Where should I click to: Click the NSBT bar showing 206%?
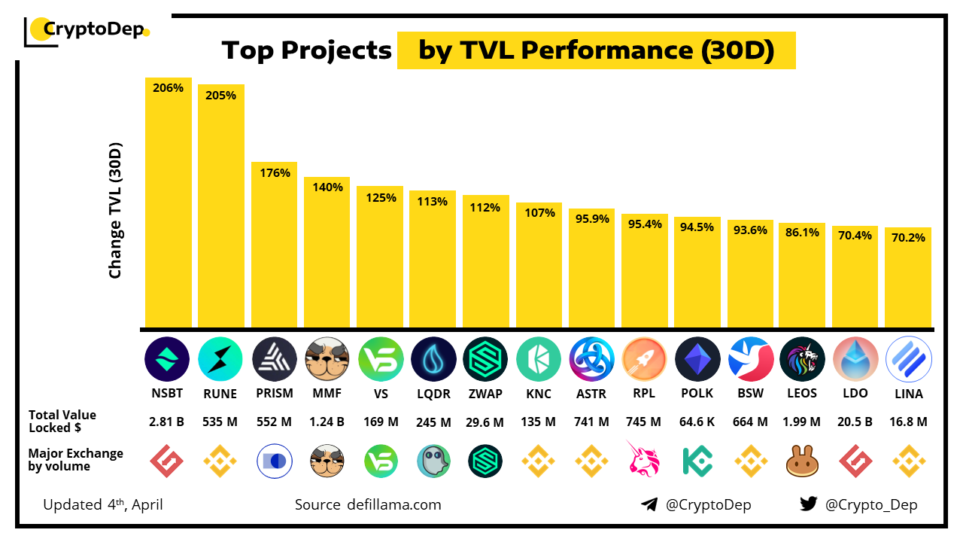pyautogui.click(x=168, y=203)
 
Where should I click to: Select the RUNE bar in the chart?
pyautogui.click(x=221, y=207)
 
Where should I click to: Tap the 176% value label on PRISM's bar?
pyautogui.click(x=275, y=173)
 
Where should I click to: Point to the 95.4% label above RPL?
pyautogui.click(x=645, y=224)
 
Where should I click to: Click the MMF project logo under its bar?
pyautogui.click(x=327, y=359)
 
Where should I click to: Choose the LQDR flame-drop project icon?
pyautogui.click(x=433, y=359)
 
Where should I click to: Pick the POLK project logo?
pyautogui.click(x=697, y=359)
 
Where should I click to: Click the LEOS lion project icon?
pyautogui.click(x=803, y=359)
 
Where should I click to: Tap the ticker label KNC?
pyautogui.click(x=539, y=394)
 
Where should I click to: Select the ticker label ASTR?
pyautogui.click(x=591, y=394)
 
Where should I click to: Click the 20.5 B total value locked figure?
pyautogui.click(x=855, y=422)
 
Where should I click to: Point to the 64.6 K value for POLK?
pyautogui.click(x=697, y=422)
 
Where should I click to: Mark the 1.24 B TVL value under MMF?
pyautogui.click(x=327, y=422)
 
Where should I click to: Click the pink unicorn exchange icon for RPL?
pyautogui.click(x=645, y=461)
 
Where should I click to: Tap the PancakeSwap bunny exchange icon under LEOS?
pyautogui.click(x=803, y=461)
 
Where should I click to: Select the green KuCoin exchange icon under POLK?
pyautogui.click(x=697, y=461)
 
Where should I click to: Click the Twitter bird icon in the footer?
pyautogui.click(x=808, y=504)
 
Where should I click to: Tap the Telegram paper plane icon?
pyautogui.click(x=649, y=504)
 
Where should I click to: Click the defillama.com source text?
pyautogui.click(x=394, y=504)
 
